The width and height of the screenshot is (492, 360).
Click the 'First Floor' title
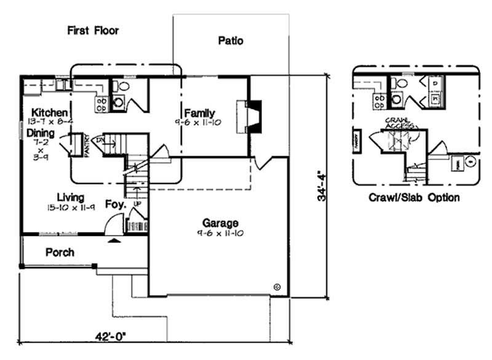pyautogui.click(x=93, y=30)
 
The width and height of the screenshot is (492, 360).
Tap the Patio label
pyautogui.click(x=231, y=41)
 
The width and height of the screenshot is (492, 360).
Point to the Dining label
pyautogui.click(x=40, y=133)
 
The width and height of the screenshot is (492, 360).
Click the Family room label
pyautogui.click(x=199, y=113)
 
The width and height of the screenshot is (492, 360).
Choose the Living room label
pyautogui.click(x=70, y=197)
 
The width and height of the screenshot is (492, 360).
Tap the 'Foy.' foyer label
pyautogui.click(x=115, y=204)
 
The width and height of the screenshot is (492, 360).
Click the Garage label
pyautogui.click(x=221, y=223)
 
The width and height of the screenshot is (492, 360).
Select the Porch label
pyautogui.click(x=60, y=252)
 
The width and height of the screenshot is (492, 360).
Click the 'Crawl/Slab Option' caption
pyautogui.click(x=414, y=198)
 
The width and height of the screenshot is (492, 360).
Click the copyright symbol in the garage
pyautogui.click(x=277, y=287)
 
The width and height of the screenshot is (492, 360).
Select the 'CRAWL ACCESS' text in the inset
pyautogui.click(x=397, y=123)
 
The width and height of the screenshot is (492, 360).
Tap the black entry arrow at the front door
pyautogui.click(x=113, y=242)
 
